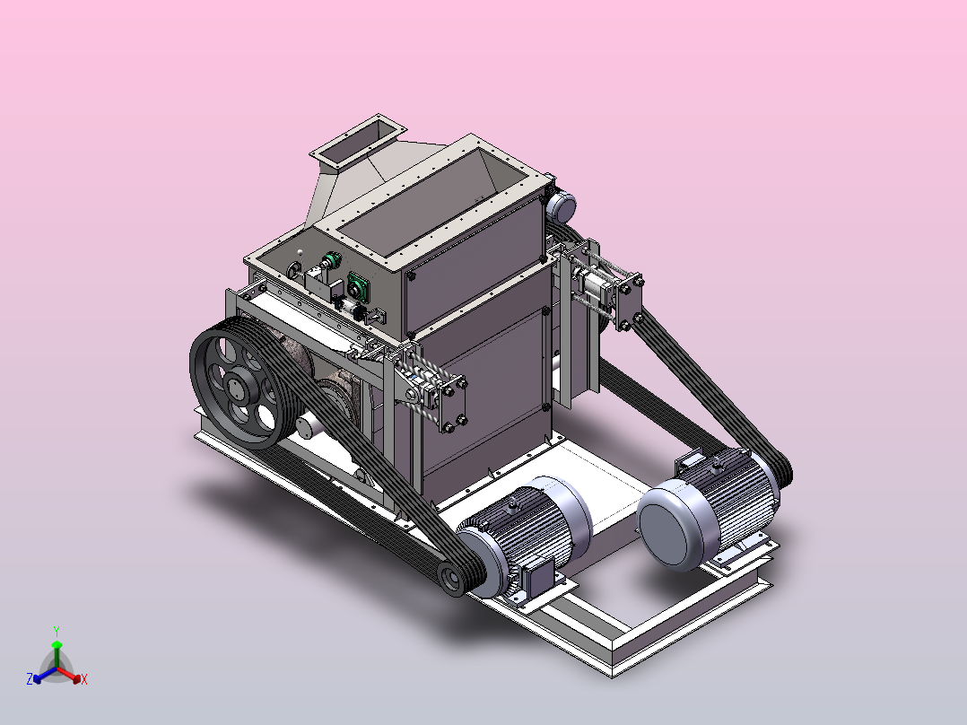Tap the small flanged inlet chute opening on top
(358, 141)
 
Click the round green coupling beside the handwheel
(333, 260)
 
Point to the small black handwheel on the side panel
(294, 270)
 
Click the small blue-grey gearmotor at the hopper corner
(561, 206)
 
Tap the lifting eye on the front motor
(511, 508)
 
